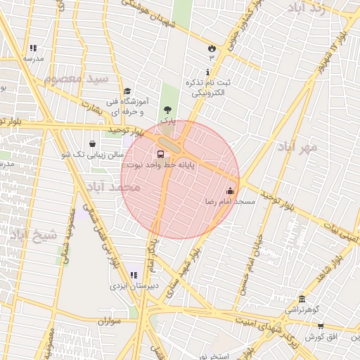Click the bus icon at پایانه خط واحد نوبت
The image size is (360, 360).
tap(160, 154)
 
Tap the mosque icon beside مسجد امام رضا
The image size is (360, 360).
tap(230, 191)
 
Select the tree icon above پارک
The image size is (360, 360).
tap(167, 110)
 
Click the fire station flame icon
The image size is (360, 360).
tap(211, 47)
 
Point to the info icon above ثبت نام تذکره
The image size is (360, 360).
tap(207, 72)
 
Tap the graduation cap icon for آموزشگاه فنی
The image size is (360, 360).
tap(127, 91)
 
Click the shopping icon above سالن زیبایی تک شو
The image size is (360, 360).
tap(93, 143)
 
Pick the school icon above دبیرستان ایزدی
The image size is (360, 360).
tap(134, 275)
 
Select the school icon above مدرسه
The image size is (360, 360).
tap(32, 48)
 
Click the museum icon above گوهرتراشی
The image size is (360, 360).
tap(302, 299)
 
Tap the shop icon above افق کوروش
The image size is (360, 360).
tap(321, 326)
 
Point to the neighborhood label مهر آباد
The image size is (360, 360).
tap(298, 147)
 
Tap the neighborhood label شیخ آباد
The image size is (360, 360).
tap(32, 235)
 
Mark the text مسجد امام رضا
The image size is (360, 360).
tap(230, 202)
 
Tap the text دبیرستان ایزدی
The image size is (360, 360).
tap(134, 286)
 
